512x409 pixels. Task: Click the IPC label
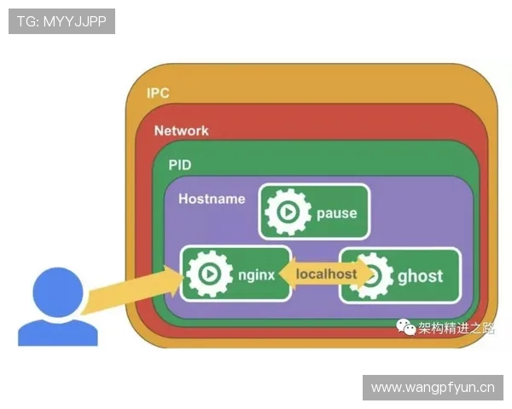point(159,92)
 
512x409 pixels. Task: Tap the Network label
point(181,130)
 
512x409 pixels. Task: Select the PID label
point(180,164)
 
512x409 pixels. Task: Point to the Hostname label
point(212,199)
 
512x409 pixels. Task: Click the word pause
point(336,213)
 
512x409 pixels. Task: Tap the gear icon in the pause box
point(288,213)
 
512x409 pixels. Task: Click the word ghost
point(420,275)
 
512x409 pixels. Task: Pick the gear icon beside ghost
point(372,275)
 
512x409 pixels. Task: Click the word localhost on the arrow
point(326,274)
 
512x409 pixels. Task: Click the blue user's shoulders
point(58,331)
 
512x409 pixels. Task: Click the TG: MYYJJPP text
point(61,21)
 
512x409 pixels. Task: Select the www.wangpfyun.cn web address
point(433,388)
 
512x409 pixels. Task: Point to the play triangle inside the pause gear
point(288,213)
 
